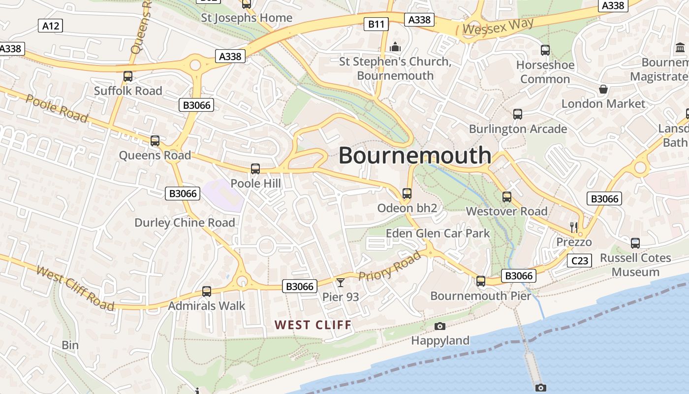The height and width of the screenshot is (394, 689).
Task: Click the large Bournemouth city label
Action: pos(415,156)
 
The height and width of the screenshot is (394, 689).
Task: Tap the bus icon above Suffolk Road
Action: pos(128,76)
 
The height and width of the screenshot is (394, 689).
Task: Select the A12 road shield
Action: pos(51,26)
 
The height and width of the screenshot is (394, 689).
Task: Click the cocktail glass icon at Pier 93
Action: pos(340,282)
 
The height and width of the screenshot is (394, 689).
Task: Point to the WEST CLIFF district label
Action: pos(313,325)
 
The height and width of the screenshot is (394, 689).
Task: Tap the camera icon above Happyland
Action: pos(440,326)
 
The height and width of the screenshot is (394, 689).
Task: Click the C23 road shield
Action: pos(579,261)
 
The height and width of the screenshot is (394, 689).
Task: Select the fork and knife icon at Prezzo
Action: pos(573,227)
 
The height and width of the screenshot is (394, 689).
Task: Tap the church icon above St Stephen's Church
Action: pos(395,47)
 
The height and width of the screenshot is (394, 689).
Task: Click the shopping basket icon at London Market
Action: pos(603,89)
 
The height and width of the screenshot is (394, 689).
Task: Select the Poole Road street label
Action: pos(57,108)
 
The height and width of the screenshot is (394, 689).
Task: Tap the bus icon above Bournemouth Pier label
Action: pos(481,281)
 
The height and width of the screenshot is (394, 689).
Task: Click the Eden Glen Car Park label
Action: pos(438,233)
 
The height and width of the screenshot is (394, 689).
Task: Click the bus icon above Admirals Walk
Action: pos(207,292)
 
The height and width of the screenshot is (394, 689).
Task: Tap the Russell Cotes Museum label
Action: pos(635,265)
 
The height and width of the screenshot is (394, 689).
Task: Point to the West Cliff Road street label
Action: pos(75,288)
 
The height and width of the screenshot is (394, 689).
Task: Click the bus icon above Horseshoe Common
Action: pos(545,50)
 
